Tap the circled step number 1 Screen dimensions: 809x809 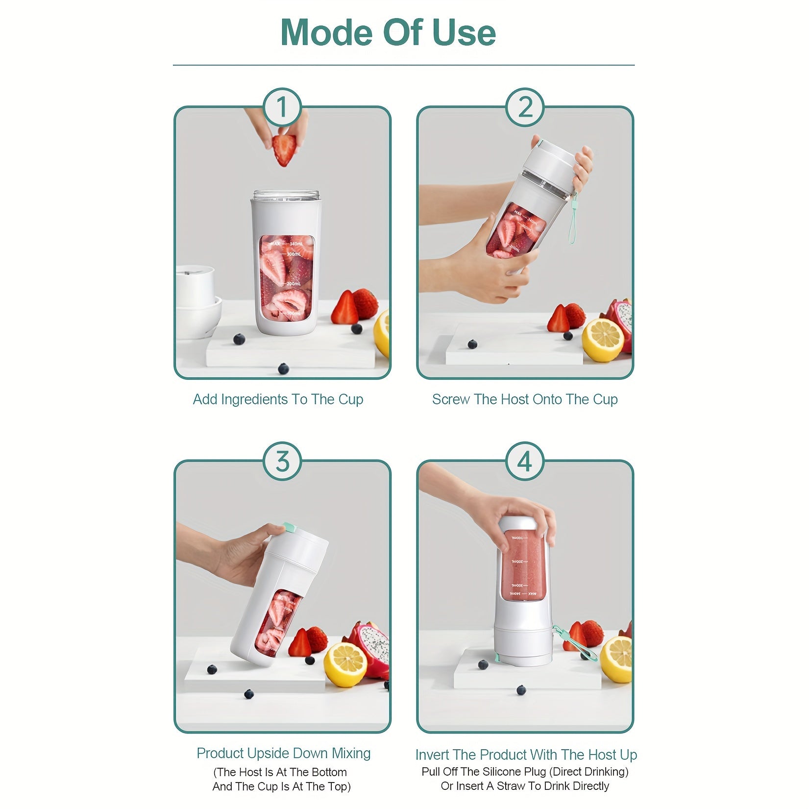[282, 107]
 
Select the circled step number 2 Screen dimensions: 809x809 [525, 107]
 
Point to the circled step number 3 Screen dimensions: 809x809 [282, 462]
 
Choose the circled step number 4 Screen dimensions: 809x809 [525, 462]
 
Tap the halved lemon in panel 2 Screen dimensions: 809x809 [603, 340]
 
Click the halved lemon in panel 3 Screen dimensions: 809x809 [345, 664]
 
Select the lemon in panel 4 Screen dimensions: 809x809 [617, 659]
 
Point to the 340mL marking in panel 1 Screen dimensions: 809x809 [296, 244]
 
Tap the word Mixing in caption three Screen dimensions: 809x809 [351, 753]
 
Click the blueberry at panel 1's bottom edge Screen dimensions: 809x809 [283, 368]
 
